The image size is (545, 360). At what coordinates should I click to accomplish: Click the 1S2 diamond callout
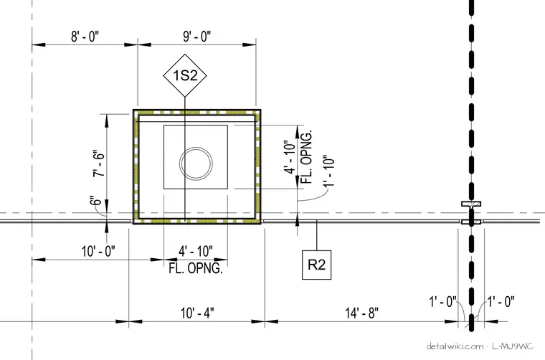[x=185, y=75]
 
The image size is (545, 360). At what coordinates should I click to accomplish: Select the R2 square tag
[x=316, y=265]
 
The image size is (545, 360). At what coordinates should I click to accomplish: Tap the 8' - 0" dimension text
[x=85, y=36]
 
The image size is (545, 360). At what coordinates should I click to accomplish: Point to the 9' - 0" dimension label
[x=196, y=36]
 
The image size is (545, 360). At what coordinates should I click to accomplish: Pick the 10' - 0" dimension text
[x=98, y=251]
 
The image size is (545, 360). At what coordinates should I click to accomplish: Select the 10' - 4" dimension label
[x=197, y=313]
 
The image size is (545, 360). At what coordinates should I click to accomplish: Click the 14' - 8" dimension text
[x=361, y=313]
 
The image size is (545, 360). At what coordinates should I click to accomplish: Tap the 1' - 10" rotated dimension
[x=328, y=171]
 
